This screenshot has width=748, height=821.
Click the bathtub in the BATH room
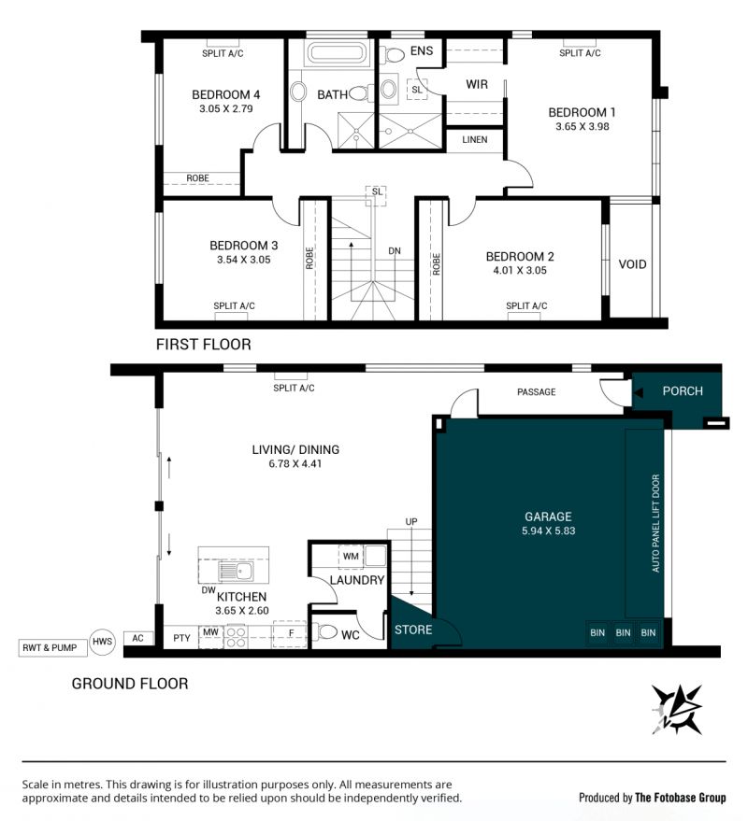click(x=335, y=53)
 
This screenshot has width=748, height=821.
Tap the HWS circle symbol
click(x=102, y=642)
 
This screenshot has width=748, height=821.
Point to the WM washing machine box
click(x=351, y=556)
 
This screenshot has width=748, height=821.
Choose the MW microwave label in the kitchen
click(x=210, y=632)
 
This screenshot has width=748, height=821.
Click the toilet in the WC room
click(x=325, y=632)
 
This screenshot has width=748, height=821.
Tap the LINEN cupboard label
click(x=474, y=140)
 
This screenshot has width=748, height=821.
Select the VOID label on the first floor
click(x=632, y=264)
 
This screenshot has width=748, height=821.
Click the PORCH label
click(x=683, y=391)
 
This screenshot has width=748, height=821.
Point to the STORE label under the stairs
click(x=413, y=630)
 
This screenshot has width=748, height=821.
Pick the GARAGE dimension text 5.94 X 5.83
click(x=548, y=531)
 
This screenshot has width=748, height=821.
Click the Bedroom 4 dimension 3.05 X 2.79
click(x=226, y=109)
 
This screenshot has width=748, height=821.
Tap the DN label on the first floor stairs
click(x=395, y=251)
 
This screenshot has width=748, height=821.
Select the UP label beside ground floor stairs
click(x=411, y=521)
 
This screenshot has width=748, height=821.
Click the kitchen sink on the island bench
click(x=236, y=572)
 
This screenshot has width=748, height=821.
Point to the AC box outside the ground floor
click(x=137, y=638)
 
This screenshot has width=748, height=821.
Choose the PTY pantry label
click(x=182, y=638)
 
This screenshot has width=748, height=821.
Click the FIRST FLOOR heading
click(x=204, y=345)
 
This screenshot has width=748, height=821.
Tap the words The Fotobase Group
click(x=681, y=798)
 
